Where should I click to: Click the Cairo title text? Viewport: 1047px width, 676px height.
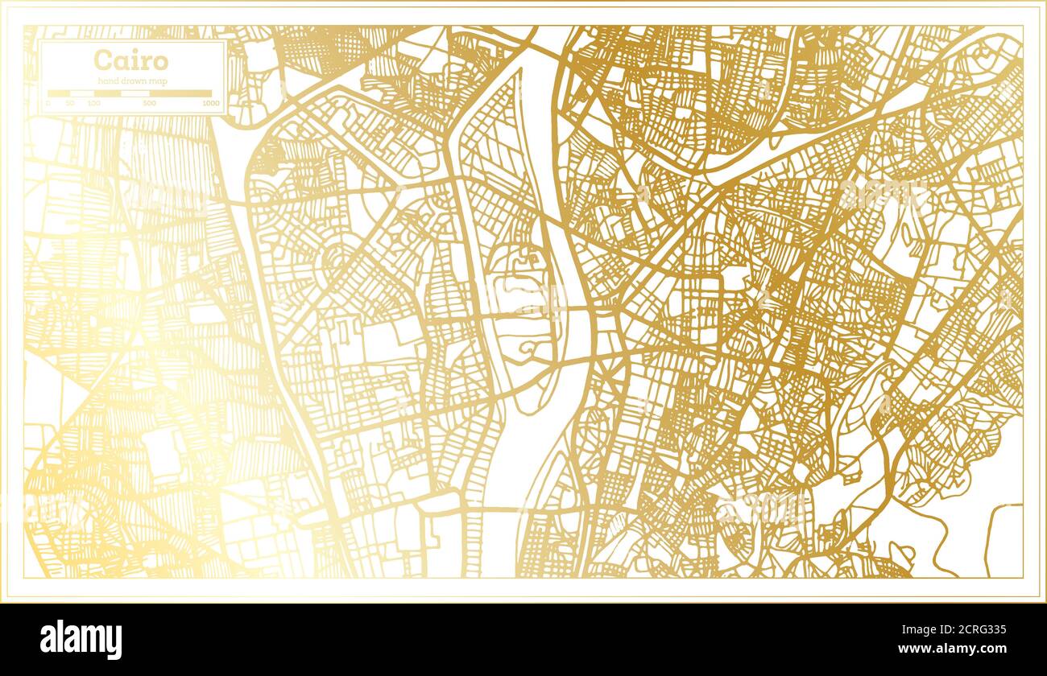[x=130, y=60]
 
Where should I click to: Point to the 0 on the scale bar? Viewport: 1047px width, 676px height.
[x=48, y=104]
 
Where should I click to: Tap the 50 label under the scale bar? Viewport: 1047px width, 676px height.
[x=70, y=104]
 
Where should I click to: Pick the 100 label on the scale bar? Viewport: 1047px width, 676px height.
[x=94, y=104]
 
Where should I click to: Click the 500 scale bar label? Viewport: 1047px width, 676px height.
[x=150, y=104]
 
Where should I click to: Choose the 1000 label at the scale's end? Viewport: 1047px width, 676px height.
[x=211, y=104]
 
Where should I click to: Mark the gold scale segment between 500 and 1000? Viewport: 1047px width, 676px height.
[x=180, y=93]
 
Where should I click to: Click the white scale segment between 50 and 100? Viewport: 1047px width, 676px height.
[x=82, y=93]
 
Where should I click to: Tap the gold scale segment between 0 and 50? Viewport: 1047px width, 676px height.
[x=59, y=93]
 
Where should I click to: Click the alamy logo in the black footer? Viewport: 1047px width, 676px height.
[x=81, y=640]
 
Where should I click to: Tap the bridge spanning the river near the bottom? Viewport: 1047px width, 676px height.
[x=499, y=509]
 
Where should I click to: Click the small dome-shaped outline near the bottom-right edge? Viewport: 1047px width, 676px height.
[x=901, y=552]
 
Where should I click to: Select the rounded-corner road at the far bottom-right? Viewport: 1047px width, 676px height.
[x=995, y=531]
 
